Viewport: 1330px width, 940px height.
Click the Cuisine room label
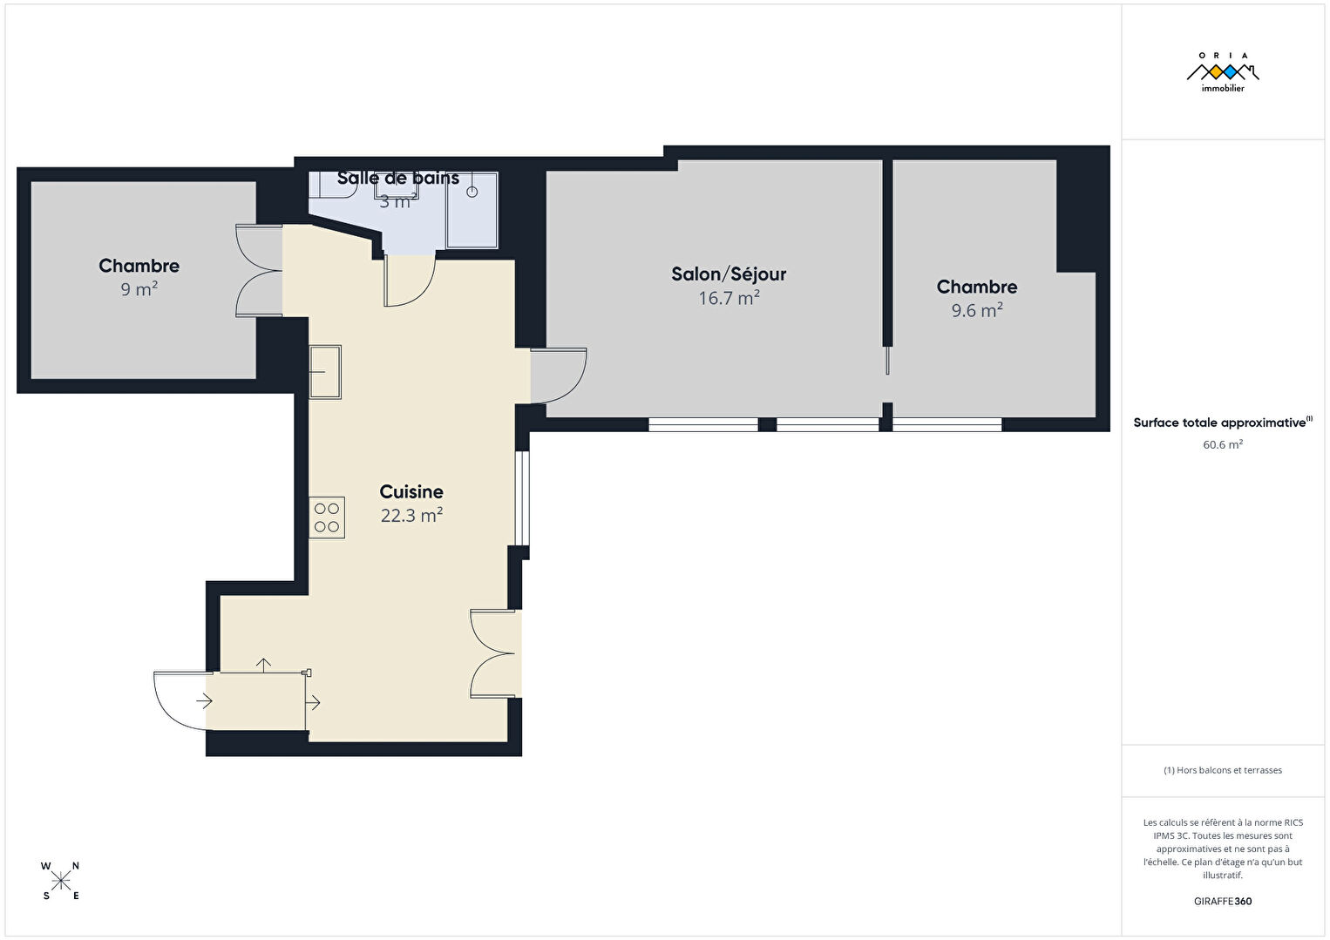[x=411, y=491]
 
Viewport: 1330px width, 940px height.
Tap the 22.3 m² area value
[x=411, y=515]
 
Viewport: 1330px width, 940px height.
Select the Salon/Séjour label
[x=729, y=274]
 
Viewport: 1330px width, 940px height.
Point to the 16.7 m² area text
[x=729, y=297]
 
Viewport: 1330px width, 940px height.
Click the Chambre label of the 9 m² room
[x=139, y=265]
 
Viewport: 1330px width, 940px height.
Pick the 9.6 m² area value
[x=977, y=310]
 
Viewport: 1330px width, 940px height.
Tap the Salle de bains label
[x=397, y=178]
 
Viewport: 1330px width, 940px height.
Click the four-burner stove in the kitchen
[x=327, y=517]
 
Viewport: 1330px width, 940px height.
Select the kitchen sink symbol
[x=325, y=372]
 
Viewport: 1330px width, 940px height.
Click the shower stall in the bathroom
[x=472, y=210]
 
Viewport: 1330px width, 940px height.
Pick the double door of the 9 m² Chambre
[x=259, y=271]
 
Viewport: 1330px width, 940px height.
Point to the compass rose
[x=60, y=882]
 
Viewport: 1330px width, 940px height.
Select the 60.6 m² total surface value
[x=1223, y=444]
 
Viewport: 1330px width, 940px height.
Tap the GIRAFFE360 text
[x=1223, y=901]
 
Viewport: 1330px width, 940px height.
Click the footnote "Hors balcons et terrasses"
[x=1229, y=769]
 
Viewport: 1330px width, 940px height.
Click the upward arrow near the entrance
[x=263, y=666]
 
